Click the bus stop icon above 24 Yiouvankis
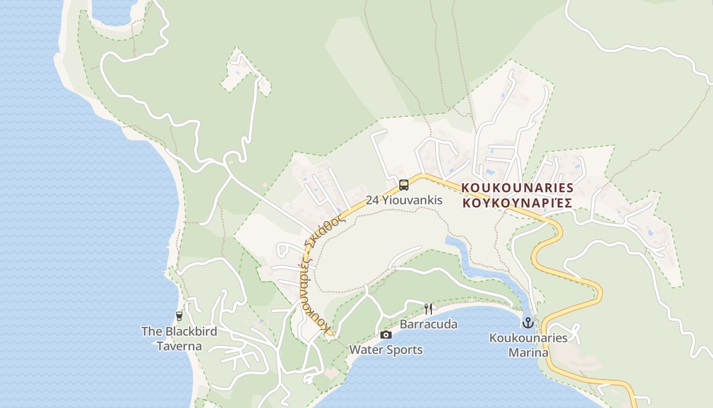(404, 185)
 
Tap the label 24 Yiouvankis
(404, 200)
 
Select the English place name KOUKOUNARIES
(517, 188)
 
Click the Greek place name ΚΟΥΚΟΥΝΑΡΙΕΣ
(517, 202)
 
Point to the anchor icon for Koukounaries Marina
(528, 323)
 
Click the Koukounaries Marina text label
(528, 345)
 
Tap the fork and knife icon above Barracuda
(428, 309)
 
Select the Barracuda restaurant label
(428, 324)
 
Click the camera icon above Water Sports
(386, 335)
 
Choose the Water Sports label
(386, 350)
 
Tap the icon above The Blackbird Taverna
(179, 316)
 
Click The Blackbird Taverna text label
(179, 339)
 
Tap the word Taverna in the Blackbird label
(179, 346)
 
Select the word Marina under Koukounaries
(528, 352)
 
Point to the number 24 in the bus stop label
(372, 200)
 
